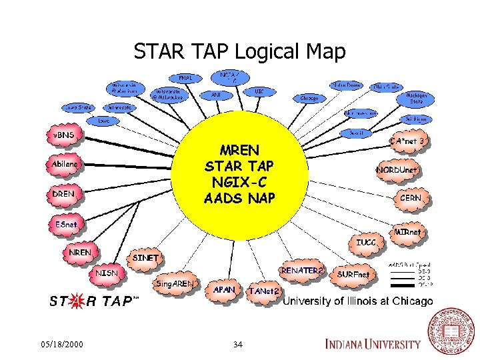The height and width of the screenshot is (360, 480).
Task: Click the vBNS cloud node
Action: [64, 136]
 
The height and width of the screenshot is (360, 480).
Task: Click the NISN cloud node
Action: [107, 273]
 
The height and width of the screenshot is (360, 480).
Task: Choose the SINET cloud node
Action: [146, 258]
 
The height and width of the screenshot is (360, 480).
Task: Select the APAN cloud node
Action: [224, 290]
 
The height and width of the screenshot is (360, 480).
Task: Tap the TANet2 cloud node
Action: [263, 291]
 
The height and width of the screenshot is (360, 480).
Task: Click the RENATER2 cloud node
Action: [303, 271]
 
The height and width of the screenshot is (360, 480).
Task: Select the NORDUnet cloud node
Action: [399, 171]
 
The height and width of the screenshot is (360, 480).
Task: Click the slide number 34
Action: [238, 345]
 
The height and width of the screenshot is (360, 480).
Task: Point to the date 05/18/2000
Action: [62, 345]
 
